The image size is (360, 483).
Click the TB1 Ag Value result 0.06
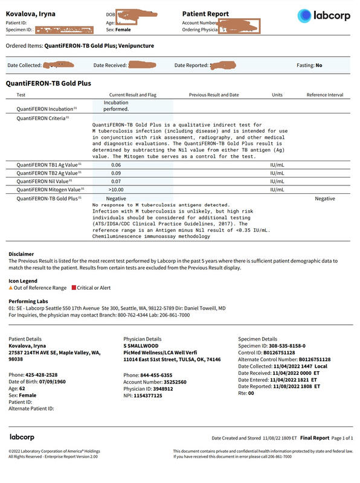pyautogui.click(x=116, y=164)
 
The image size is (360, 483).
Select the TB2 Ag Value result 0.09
pyautogui.click(x=116, y=173)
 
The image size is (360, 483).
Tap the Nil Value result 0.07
pyautogui.click(x=116, y=181)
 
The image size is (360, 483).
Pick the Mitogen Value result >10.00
pyautogui.click(x=117, y=189)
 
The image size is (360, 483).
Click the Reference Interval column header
pyautogui.click(x=324, y=95)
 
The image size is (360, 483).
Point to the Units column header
pyautogui.click(x=277, y=95)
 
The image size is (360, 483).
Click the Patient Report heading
pyautogui.click(x=205, y=13)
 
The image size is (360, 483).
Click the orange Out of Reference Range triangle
pyautogui.click(x=10, y=288)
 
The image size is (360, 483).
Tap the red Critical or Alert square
pyautogui.click(x=74, y=288)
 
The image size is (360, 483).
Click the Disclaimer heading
pyautogui.click(x=21, y=254)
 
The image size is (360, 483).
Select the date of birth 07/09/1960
pyautogui.click(x=51, y=382)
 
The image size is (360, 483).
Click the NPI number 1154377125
pyautogui.click(x=148, y=395)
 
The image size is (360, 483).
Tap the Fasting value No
pyautogui.click(x=318, y=65)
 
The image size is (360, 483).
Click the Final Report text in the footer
pyautogui.click(x=315, y=438)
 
